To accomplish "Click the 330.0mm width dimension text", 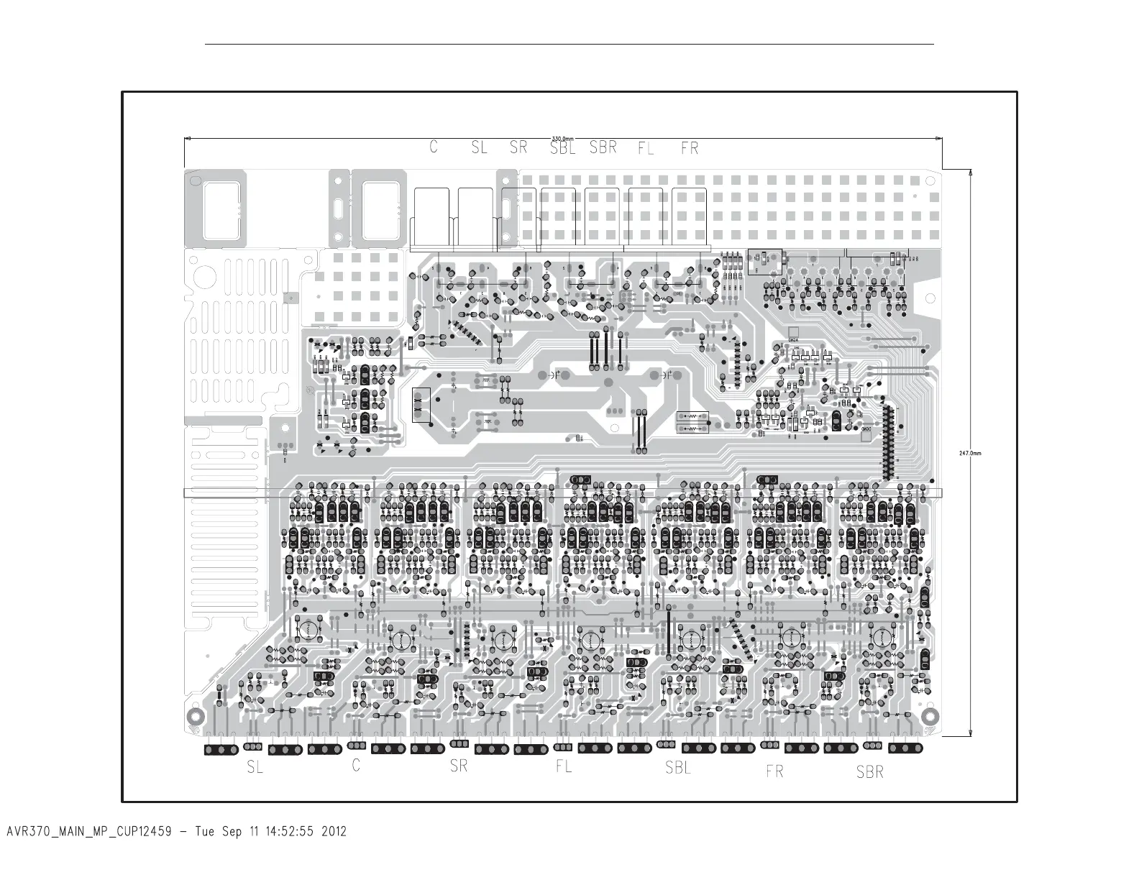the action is (562, 139).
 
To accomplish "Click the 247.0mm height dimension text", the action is (970, 453).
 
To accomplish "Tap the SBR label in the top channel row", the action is (603, 147).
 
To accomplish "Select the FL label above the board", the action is (646, 149).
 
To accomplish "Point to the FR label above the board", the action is (689, 148).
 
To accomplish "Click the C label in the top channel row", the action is (434, 147).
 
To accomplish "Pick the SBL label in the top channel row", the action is (562, 147).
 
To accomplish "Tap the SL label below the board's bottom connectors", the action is (255, 767).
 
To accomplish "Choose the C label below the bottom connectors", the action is (356, 766).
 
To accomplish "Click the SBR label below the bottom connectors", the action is (869, 772).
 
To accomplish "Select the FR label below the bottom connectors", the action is (774, 771).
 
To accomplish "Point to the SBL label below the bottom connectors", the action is (677, 767).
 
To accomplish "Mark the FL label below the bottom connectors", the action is (564, 766).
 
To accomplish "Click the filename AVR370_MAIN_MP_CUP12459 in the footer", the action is (88, 832).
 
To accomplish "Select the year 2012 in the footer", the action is (333, 832).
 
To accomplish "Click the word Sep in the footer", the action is (232, 832).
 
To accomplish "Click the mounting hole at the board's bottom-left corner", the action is (194, 717).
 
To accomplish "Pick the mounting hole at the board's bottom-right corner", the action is (930, 716).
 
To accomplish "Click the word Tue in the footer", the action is (205, 832).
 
